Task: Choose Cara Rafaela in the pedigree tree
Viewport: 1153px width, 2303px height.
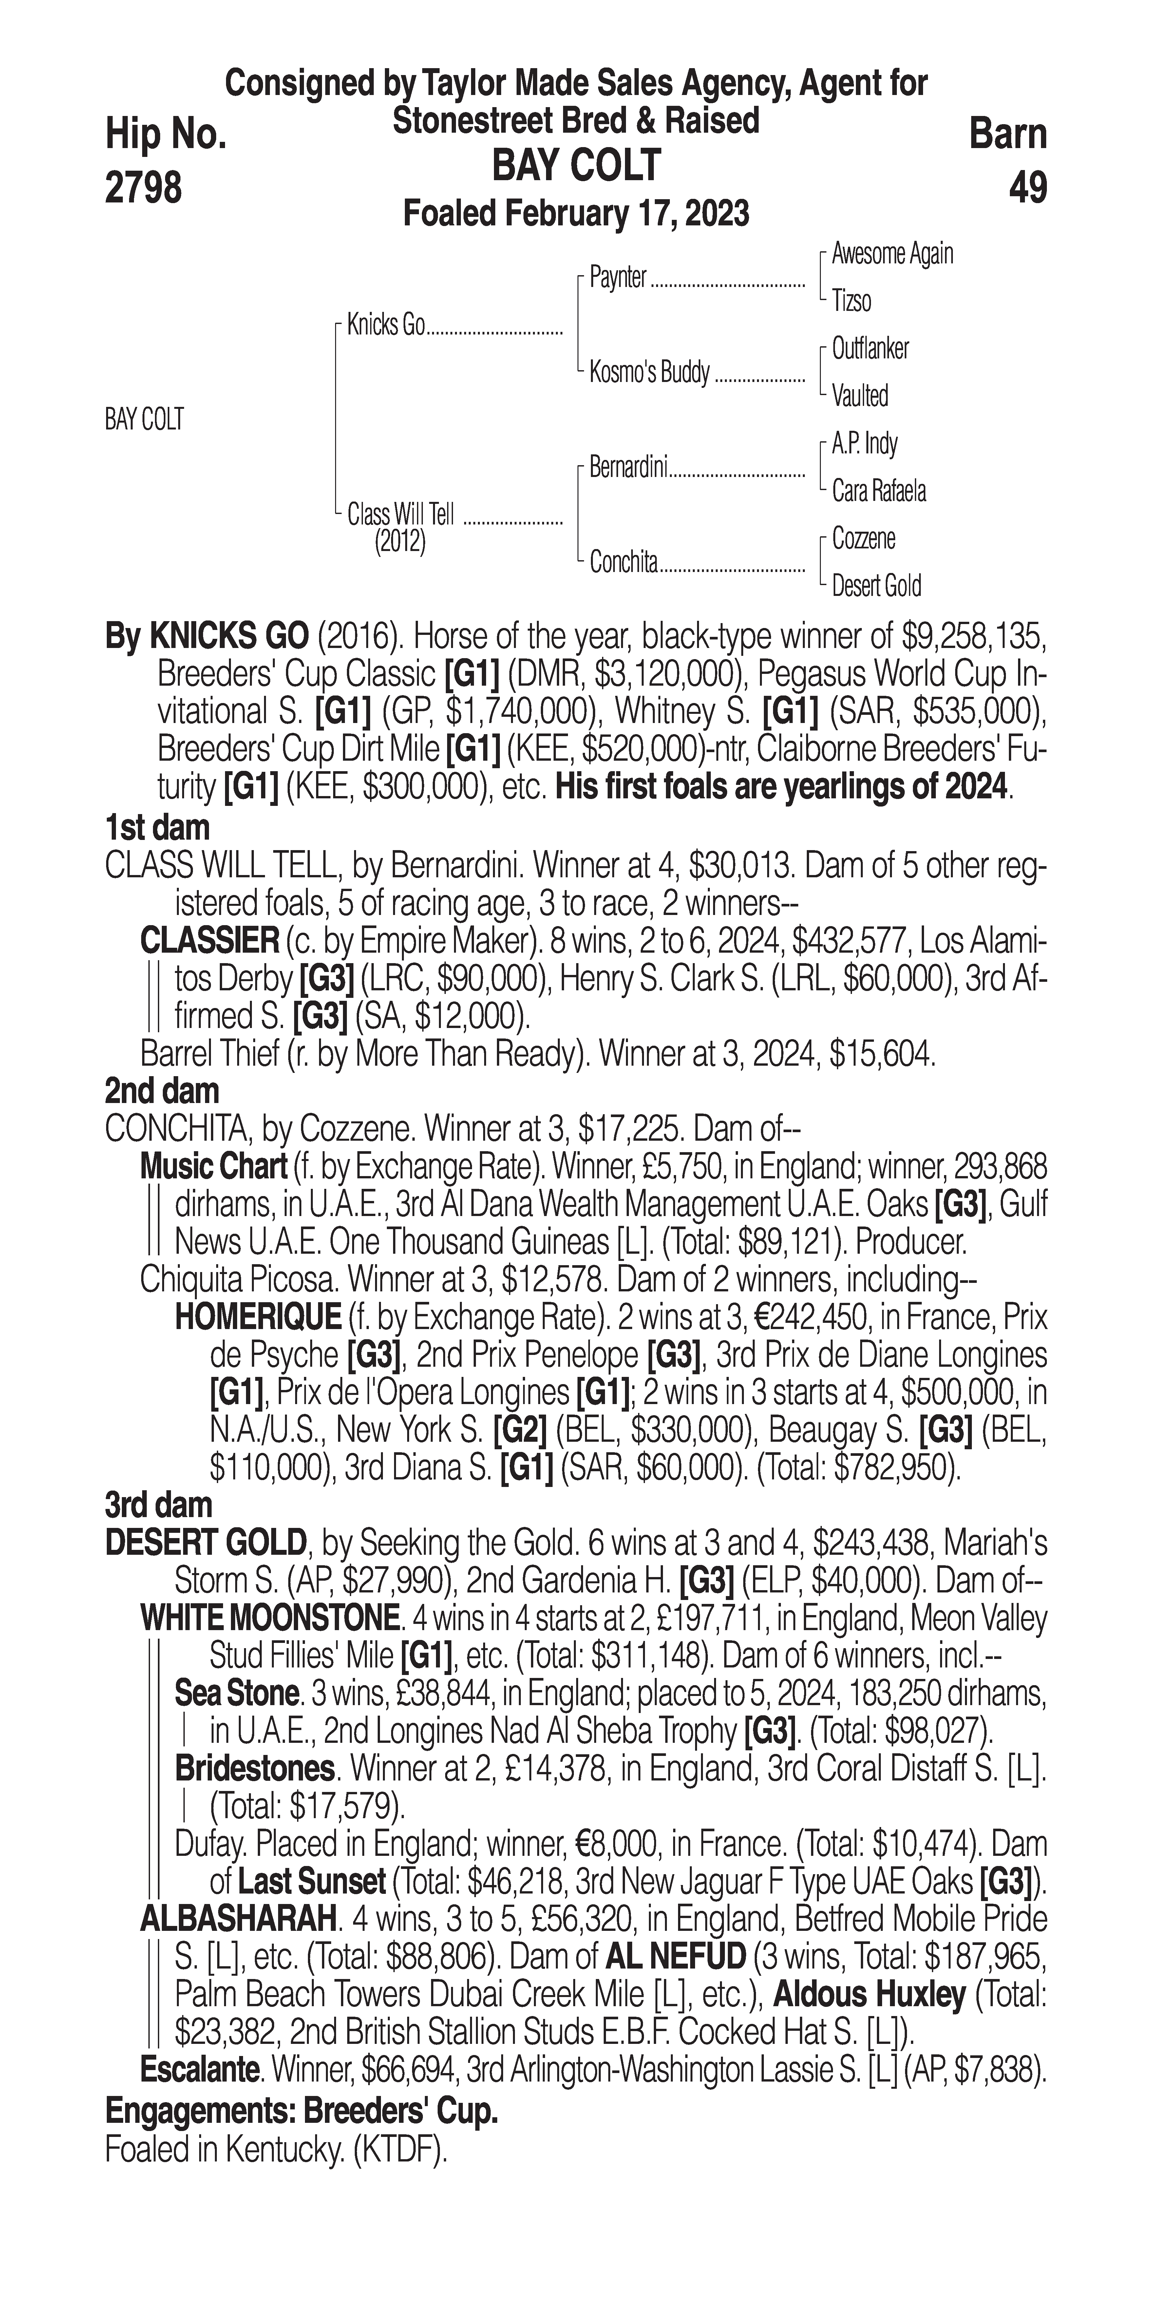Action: point(879,491)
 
